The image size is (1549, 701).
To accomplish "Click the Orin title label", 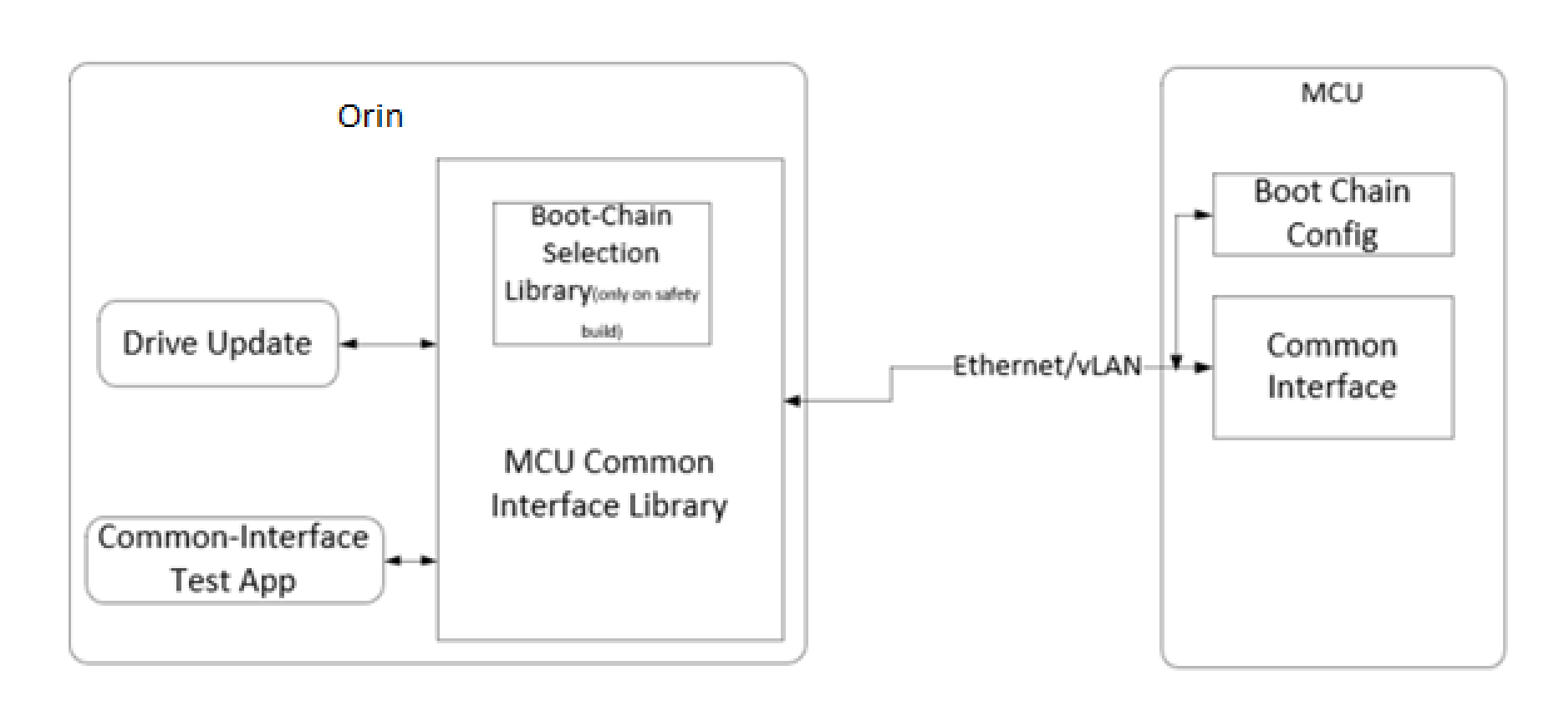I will [370, 115].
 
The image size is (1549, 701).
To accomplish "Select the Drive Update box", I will [217, 343].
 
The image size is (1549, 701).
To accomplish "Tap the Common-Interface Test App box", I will [233, 559].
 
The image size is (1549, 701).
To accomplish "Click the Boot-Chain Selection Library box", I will [601, 272].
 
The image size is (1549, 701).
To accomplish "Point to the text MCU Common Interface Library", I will [609, 484].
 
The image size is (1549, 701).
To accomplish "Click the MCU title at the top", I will [1332, 92].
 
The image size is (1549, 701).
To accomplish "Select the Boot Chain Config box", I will [1332, 214].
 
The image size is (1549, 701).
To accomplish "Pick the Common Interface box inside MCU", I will [1332, 367].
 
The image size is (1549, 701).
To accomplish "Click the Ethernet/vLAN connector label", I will [1047, 366].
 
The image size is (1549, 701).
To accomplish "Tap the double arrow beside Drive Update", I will [388, 343].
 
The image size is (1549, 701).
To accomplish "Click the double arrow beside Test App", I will [410, 561].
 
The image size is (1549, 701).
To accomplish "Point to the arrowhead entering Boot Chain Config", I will [1203, 215].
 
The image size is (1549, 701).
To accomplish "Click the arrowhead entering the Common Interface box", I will [1204, 367].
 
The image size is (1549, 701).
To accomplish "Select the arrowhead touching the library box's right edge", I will [792, 401].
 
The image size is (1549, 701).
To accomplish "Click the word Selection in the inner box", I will [600, 253].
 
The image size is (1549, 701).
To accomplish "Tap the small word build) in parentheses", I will [601, 332].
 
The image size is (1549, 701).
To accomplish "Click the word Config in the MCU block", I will [1332, 235].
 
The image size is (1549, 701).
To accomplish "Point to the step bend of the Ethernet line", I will [891, 384].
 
